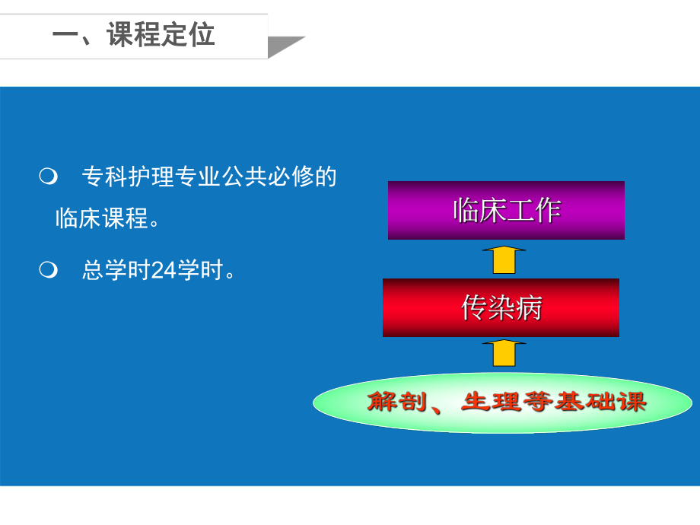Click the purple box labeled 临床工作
point(506,210)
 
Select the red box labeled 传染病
point(501,307)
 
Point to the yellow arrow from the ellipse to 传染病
point(504,354)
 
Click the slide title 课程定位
point(161,35)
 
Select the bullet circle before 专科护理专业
point(47,177)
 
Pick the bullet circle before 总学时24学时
point(47,269)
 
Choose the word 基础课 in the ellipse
point(606,402)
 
